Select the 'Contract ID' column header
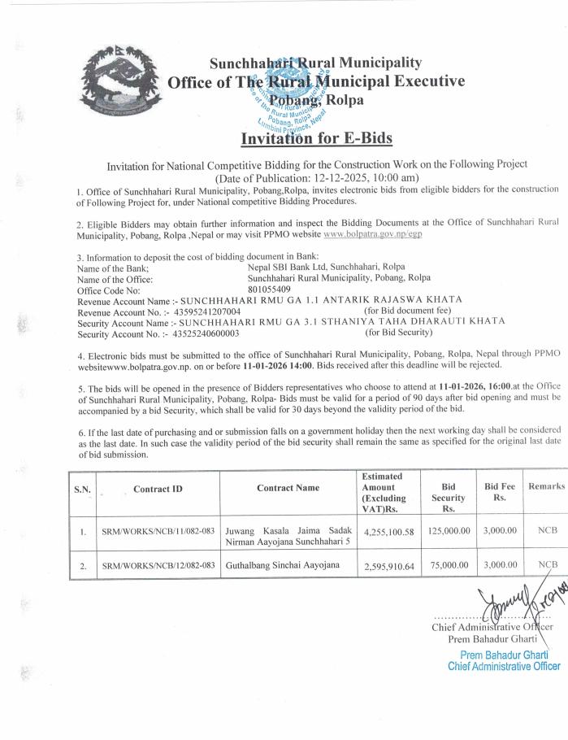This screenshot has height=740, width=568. coord(157,488)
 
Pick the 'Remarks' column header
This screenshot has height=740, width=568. coord(546,485)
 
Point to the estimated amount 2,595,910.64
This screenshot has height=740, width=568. coord(387,566)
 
